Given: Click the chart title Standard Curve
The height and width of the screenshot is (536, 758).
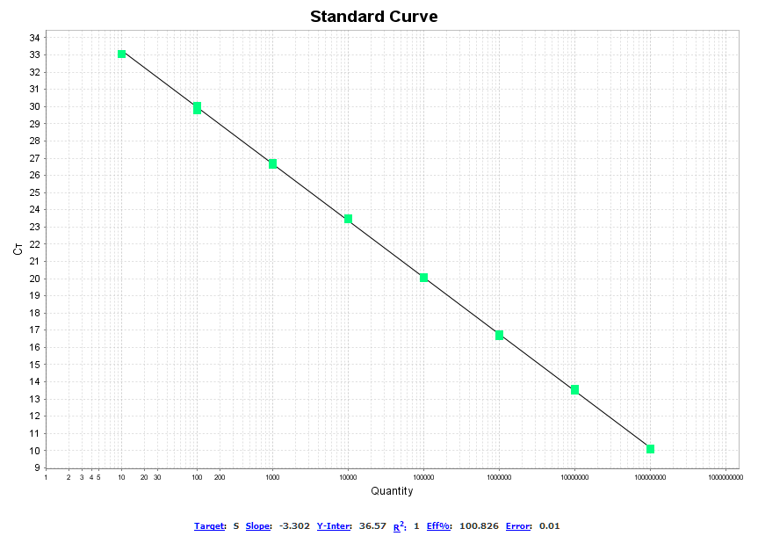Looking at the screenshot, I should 373,17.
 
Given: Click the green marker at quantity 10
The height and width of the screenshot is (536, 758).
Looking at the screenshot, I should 122,54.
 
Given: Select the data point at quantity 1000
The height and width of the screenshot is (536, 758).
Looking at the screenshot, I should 273,163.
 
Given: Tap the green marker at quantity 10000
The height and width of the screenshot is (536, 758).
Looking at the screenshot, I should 349,219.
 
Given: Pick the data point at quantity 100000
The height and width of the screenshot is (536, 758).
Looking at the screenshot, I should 424,278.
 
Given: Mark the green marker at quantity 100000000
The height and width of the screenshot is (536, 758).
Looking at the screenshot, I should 651,449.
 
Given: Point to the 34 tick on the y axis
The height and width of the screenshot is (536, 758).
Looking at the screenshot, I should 34,38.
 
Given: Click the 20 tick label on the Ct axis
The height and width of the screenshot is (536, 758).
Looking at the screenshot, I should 34,279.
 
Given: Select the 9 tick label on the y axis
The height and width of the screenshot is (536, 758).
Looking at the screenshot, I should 36,467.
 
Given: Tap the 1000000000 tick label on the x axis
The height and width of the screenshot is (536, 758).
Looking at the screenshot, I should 726,478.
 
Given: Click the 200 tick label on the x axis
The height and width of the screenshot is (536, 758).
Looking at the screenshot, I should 220,478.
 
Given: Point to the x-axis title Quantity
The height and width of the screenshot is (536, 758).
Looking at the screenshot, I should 392,491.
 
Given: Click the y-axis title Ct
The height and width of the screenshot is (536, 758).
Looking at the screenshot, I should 18,250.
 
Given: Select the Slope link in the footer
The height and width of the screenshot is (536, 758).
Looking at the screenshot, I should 258,526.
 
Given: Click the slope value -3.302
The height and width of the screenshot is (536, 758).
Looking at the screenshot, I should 294,526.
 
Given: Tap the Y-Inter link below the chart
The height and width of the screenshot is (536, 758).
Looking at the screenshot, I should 334,526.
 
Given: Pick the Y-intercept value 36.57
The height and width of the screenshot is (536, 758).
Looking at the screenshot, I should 372,526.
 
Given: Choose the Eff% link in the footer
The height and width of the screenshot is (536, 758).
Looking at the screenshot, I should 439,526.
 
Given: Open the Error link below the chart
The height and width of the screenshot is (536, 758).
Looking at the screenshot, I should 518,526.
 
